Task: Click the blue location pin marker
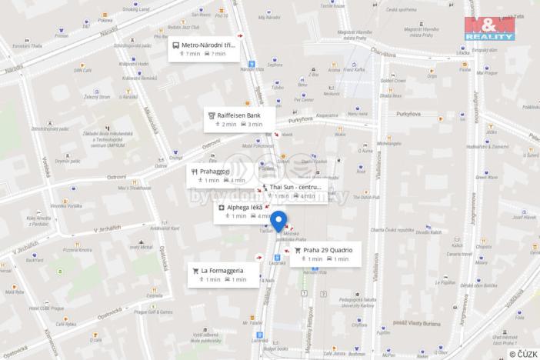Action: [x=278, y=220]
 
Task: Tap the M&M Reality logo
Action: [x=488, y=28]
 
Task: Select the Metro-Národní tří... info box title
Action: [x=208, y=45]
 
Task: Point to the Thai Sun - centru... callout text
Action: [x=295, y=186]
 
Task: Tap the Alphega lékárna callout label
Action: [x=245, y=208]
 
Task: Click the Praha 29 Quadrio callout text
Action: [x=328, y=250]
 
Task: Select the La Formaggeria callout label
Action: [x=222, y=270]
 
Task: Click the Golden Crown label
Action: [x=392, y=79]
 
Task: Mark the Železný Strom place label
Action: [x=97, y=97]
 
